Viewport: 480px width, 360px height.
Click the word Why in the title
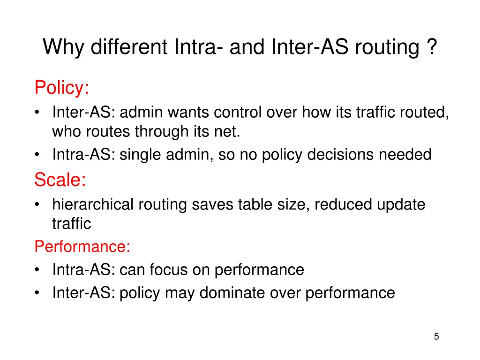[x=64, y=47]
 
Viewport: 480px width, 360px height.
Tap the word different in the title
[x=130, y=47]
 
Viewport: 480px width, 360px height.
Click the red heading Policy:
[x=61, y=88]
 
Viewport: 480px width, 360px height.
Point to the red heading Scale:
[x=60, y=180]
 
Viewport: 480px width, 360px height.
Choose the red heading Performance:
[x=82, y=247]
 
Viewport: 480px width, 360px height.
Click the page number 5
[x=436, y=336]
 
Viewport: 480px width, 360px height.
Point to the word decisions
[x=339, y=154]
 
